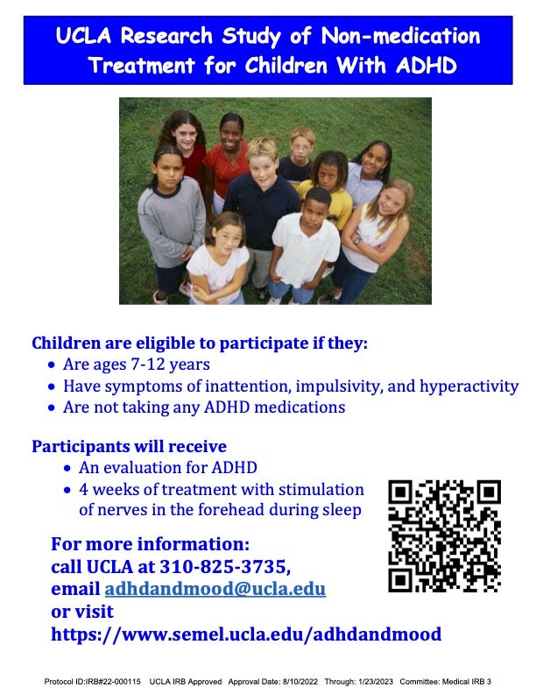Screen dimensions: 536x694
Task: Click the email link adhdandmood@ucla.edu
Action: coord(215,589)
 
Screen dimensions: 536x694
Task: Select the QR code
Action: coord(444,536)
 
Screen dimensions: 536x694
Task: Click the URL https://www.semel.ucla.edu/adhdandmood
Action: coord(246,634)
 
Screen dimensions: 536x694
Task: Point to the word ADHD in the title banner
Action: coord(426,66)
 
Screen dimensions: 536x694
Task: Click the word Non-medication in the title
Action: coord(400,36)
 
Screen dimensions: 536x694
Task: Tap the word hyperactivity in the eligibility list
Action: coord(469,386)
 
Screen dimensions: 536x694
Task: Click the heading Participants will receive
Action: coord(129,446)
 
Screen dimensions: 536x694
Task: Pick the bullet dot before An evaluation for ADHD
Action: coord(67,468)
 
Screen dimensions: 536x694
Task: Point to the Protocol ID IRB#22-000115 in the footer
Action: coord(93,682)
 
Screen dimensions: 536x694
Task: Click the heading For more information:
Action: coord(151,544)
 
